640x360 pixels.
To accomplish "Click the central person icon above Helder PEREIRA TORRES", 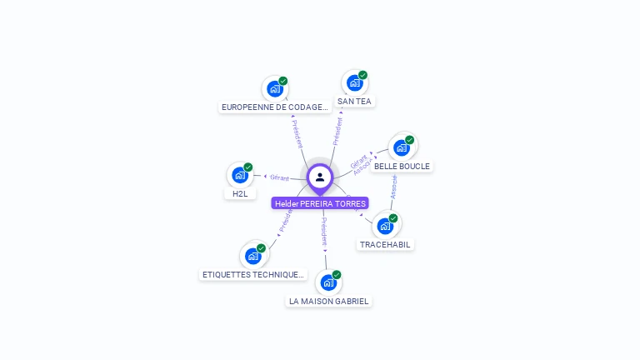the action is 320,177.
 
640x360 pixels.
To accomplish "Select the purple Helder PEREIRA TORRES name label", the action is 320,203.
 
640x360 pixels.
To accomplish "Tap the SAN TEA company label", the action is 354,102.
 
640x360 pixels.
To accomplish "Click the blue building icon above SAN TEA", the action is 354,82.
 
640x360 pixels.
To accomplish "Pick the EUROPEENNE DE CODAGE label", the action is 275,107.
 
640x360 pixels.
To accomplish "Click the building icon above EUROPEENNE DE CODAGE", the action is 274,88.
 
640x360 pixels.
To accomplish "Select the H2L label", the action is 240,193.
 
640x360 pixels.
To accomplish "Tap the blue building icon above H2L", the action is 240,175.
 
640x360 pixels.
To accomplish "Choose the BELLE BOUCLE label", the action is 402,167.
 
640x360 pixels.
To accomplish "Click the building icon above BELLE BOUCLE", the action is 402,147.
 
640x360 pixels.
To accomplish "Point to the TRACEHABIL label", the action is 386,245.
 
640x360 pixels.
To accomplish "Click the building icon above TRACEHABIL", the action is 385,226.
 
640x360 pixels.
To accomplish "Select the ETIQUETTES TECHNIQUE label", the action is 253,275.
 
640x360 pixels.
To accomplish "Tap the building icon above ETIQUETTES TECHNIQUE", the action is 252,256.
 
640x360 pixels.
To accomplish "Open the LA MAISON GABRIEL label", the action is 328,302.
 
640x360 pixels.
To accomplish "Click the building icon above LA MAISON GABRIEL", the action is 328,282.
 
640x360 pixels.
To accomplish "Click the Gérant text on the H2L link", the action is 279,177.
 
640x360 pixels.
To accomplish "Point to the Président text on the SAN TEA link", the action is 337,132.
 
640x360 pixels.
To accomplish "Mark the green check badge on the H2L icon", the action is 248,167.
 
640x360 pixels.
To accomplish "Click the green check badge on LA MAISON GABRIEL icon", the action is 337,275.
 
